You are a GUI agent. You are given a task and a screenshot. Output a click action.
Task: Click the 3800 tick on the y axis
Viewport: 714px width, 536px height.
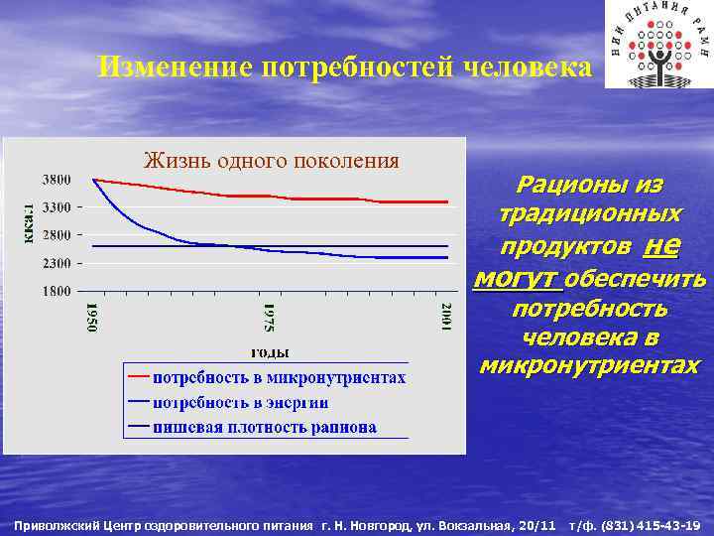[56, 180]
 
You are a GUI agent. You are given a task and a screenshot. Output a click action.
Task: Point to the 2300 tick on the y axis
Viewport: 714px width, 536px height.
[56, 264]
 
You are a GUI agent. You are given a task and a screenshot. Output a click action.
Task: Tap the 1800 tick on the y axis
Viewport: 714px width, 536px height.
[56, 292]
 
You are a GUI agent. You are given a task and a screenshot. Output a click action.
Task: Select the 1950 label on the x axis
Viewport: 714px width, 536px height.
[92, 318]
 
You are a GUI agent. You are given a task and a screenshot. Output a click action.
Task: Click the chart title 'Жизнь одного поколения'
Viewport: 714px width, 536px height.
[271, 160]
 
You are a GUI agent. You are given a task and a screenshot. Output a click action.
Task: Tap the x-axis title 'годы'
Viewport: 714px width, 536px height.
[269, 350]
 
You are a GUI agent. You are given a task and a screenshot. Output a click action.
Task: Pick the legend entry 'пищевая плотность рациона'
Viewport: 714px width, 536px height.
[264, 428]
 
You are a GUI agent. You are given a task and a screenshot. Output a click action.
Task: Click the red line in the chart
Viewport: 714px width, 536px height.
[297, 198]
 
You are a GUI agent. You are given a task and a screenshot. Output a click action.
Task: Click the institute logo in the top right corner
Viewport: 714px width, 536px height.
[657, 44]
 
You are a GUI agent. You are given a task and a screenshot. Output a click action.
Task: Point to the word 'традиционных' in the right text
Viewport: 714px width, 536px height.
[590, 214]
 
